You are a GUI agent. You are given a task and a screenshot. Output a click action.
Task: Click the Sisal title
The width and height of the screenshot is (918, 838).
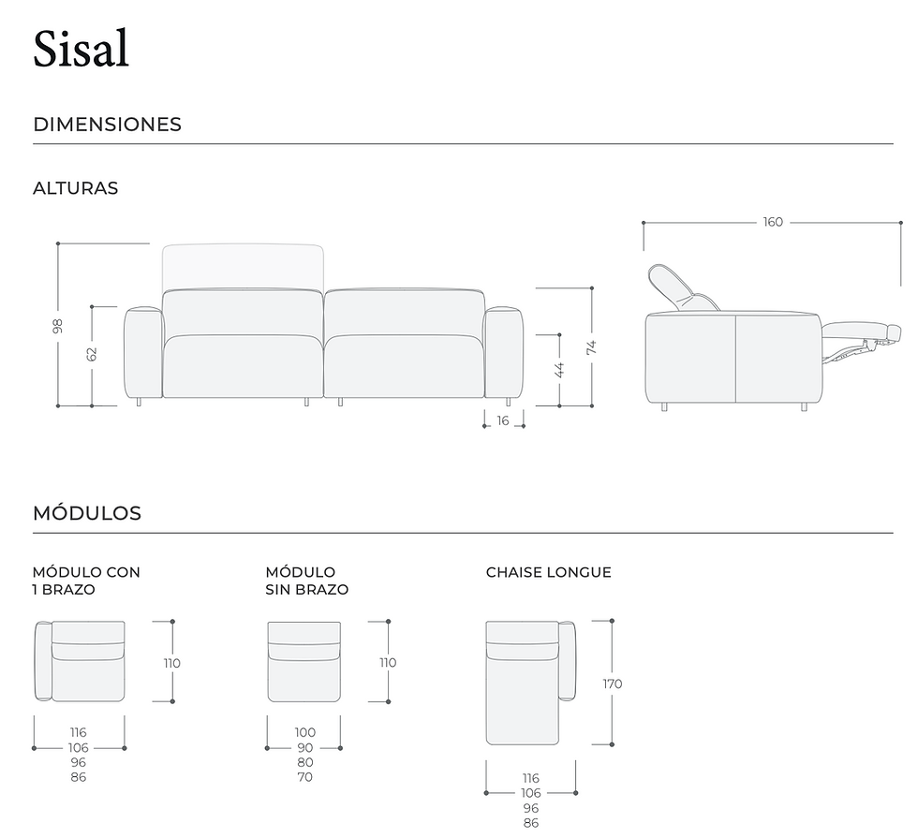click(81, 49)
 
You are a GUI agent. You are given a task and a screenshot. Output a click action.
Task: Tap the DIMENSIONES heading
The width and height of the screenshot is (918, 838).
click(107, 124)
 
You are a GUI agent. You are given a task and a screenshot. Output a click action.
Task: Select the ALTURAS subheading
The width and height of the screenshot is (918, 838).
click(76, 188)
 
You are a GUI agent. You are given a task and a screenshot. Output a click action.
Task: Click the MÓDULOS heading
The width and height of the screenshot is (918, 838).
click(87, 513)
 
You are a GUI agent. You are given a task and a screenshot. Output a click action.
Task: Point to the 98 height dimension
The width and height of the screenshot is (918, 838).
click(57, 326)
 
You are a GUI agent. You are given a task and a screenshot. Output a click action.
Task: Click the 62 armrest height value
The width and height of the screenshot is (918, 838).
click(92, 354)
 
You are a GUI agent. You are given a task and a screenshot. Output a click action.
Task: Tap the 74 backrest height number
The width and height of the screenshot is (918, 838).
click(591, 347)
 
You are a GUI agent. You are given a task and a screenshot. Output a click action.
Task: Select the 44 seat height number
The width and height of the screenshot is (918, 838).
click(559, 370)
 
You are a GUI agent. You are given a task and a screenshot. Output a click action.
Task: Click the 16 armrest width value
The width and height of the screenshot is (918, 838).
click(503, 420)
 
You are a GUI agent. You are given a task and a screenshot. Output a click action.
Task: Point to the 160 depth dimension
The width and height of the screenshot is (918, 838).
click(773, 223)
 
